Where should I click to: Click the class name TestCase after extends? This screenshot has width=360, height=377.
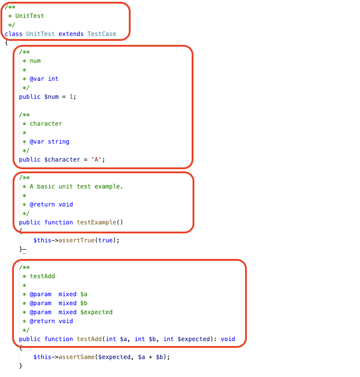coord(101,34)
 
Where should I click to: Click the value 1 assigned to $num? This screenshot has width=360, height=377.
coord(71,96)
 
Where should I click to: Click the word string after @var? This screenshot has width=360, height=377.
coord(58,141)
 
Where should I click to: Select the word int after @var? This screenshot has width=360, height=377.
coord(53,79)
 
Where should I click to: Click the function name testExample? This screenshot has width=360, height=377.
coord(96,222)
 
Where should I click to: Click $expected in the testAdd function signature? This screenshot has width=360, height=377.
coord(193,339)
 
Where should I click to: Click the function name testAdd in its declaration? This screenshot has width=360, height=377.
coord(89,339)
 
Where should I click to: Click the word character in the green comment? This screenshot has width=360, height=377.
coord(46,123)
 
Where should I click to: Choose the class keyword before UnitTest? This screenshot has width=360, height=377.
coord(13,34)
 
